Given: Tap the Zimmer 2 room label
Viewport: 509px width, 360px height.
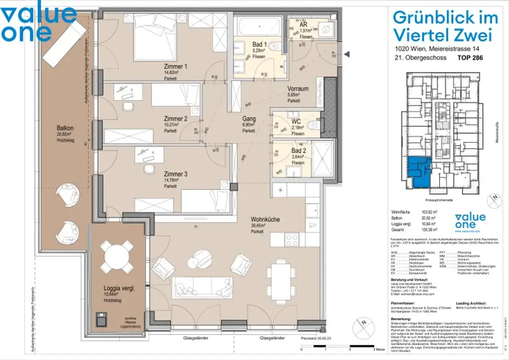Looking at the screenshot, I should (175, 119).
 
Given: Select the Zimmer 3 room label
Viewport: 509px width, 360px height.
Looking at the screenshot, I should (175, 174).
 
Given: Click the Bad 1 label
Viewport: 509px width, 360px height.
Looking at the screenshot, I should (259, 44).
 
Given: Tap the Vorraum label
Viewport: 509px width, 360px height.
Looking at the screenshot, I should (298, 89).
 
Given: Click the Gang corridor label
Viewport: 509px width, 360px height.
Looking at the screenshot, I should (249, 119).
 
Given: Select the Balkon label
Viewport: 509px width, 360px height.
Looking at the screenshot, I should (65, 128).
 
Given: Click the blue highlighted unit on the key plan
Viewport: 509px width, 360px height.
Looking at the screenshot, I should (418, 172).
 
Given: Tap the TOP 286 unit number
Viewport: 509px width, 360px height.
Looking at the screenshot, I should (470, 58).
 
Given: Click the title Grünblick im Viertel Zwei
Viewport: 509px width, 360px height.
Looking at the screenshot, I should (445, 26).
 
